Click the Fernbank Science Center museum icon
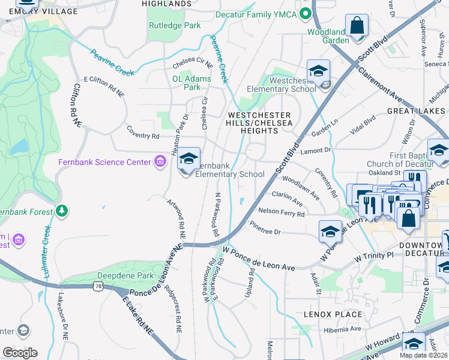pyautogui.click(x=160, y=162)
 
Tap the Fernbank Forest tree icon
pyautogui.click(x=62, y=211)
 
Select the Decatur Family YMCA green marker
pyautogui.click(x=306, y=13)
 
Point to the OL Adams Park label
pyautogui.click(x=191, y=83)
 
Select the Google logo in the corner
pyautogui.click(x=20, y=352)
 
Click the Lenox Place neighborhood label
pyautogui.click(x=333, y=314)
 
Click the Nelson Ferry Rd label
pyautogui.click(x=281, y=212)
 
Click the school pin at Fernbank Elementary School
pyautogui.click(x=189, y=159)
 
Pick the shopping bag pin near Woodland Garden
pyautogui.click(x=357, y=26)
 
